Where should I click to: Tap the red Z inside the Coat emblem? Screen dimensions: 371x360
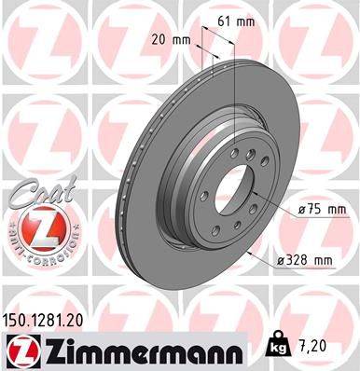(x=35, y=223)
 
